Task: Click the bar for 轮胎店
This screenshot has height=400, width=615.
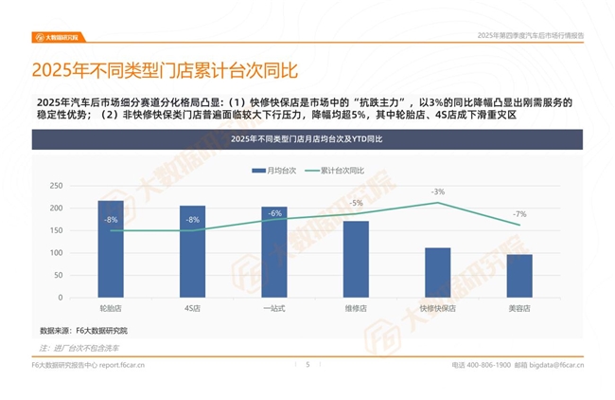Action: (x=111, y=247)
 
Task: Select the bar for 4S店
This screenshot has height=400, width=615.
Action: (x=192, y=250)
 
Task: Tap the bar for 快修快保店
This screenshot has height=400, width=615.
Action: (x=437, y=271)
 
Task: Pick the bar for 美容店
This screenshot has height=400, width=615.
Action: (x=519, y=274)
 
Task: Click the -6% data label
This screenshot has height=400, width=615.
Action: (x=274, y=213)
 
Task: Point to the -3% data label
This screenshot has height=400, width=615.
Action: (x=438, y=191)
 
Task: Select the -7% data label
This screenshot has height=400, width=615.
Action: (x=519, y=214)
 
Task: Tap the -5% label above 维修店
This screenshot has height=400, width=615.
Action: (x=356, y=203)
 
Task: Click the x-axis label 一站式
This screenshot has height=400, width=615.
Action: (x=274, y=308)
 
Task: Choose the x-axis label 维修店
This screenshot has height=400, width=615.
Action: (x=356, y=308)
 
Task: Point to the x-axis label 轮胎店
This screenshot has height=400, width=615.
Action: (x=111, y=308)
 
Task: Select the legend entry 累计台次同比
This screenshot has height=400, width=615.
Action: (x=336, y=172)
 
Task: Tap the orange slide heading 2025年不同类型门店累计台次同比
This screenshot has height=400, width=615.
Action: (x=165, y=70)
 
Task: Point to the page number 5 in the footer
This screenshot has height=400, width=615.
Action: (x=307, y=363)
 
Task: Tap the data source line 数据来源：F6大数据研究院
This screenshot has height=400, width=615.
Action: (x=83, y=330)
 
